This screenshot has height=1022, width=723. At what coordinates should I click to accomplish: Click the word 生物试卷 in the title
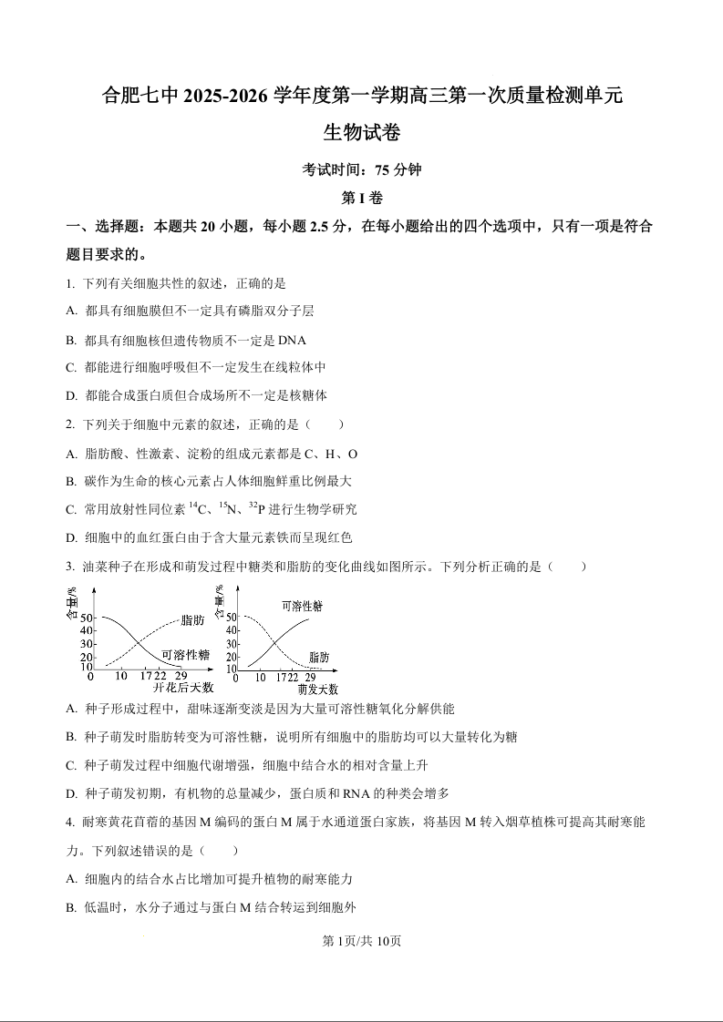[362, 133]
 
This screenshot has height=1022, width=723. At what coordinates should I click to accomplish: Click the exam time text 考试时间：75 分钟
[362, 169]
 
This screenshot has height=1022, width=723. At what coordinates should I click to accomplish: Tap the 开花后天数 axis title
[182, 688]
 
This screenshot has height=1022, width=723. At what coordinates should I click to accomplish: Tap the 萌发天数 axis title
[317, 689]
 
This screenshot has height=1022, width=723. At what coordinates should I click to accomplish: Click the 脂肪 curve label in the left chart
[192, 620]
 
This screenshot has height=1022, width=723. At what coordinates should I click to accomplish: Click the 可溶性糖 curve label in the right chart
[302, 606]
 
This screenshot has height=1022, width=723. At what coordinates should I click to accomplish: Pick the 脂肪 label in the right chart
[319, 657]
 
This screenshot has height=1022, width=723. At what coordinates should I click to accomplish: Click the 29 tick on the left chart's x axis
[181, 676]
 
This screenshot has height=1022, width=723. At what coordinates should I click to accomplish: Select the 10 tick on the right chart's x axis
[261, 677]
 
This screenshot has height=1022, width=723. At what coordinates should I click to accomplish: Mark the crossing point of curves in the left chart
[138, 643]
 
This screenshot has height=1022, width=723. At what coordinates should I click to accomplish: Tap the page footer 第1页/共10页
[362, 941]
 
